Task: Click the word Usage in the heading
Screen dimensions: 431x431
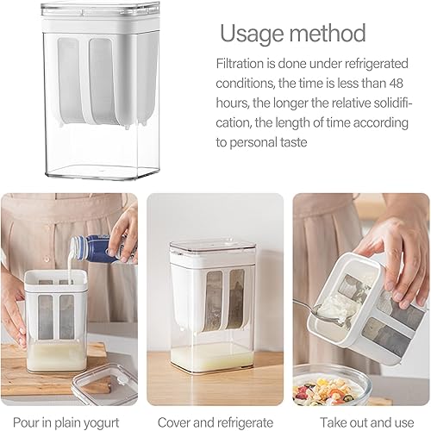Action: tap(252, 34)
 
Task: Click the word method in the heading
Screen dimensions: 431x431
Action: tap(328, 33)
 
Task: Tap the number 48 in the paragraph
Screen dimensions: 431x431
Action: tap(397, 84)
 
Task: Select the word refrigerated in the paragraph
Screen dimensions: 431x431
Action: tap(376, 64)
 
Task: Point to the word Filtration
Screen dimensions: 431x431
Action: tap(240, 64)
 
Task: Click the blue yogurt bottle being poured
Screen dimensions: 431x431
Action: tap(102, 249)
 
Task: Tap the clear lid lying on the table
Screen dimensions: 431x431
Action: tap(105, 384)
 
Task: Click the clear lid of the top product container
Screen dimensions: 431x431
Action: tap(101, 9)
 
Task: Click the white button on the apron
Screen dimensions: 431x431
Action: tap(46, 259)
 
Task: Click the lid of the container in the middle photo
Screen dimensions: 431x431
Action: tap(212, 247)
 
